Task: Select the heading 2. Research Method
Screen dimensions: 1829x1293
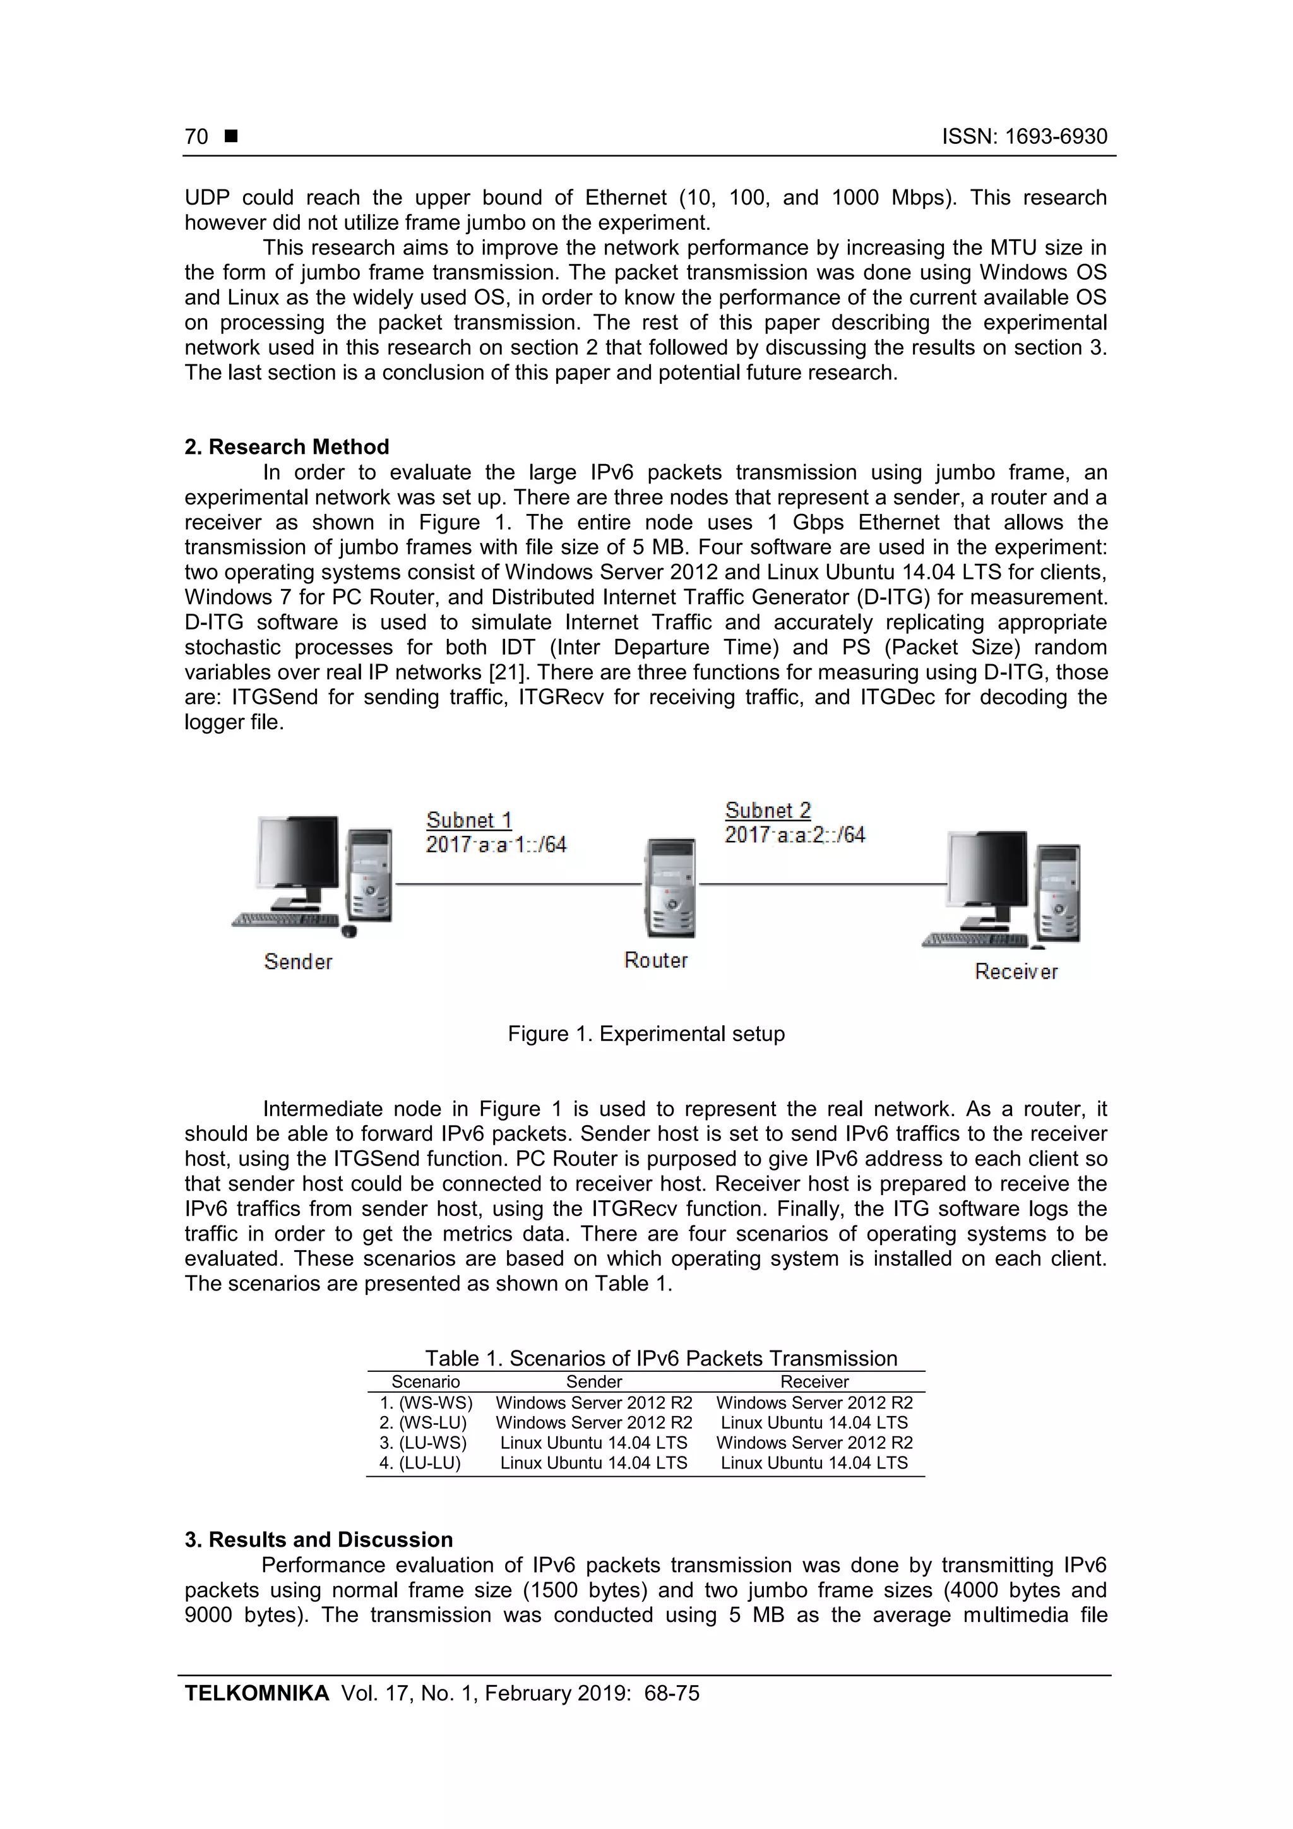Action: (x=287, y=447)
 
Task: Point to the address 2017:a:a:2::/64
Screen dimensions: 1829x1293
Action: (x=794, y=835)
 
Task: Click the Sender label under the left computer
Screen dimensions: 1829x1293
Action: (x=298, y=962)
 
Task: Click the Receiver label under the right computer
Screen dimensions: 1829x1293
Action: (x=1016, y=971)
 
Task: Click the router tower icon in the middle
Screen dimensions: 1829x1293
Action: (x=669, y=888)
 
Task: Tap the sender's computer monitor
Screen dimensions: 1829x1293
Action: (x=296, y=854)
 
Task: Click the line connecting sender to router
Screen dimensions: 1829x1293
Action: (x=518, y=885)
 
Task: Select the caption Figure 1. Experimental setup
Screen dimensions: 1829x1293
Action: (x=646, y=1034)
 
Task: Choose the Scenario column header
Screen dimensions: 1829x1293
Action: (x=426, y=1382)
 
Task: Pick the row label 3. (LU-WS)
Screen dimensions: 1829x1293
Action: (x=423, y=1443)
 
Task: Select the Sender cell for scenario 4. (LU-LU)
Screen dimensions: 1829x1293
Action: (x=593, y=1463)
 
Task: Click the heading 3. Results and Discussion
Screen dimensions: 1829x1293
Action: (x=319, y=1540)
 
